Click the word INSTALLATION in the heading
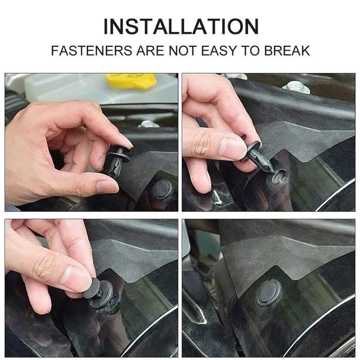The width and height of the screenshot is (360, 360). pyautogui.click(x=180, y=26)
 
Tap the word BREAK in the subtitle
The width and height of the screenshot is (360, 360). pyautogui.click(x=286, y=51)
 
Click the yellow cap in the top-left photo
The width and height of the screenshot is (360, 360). pyautogui.click(x=131, y=81)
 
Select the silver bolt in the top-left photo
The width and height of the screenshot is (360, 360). pyautogui.click(x=149, y=124)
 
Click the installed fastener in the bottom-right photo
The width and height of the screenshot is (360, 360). pyautogui.click(x=269, y=292)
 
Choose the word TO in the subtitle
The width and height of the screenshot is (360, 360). pyautogui.click(x=249, y=51)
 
